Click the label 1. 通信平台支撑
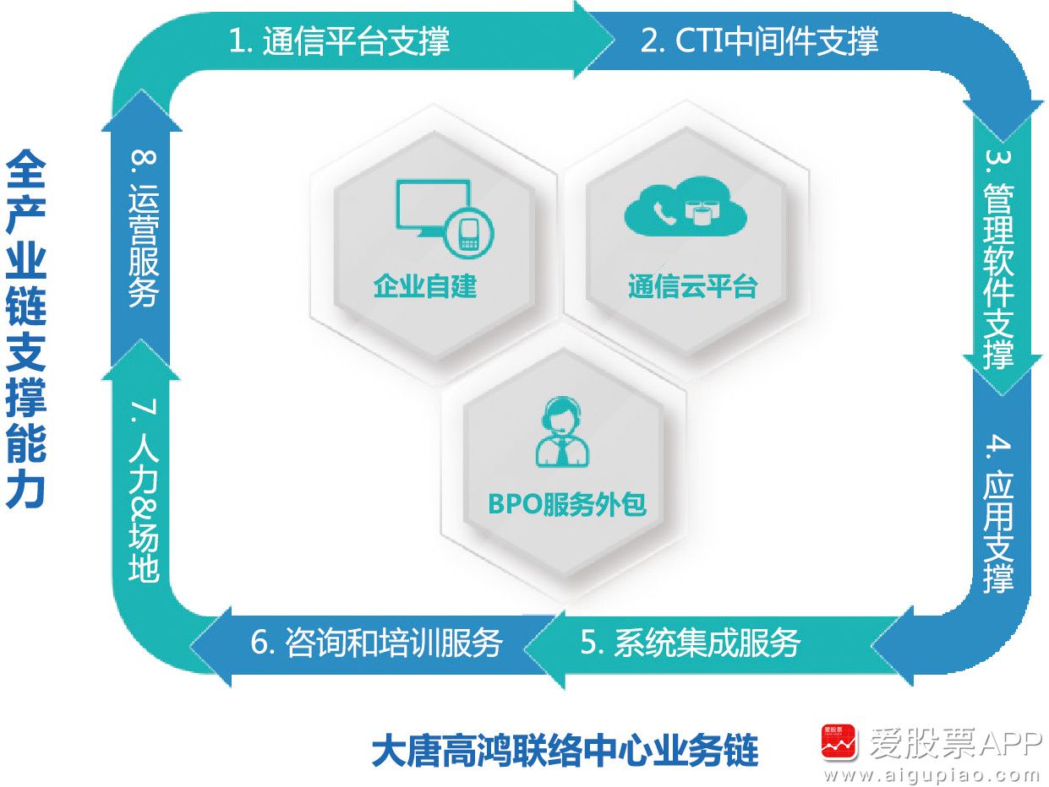(339, 41)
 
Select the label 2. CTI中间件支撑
(759, 41)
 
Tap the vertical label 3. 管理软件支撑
(998, 260)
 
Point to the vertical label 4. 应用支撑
(998, 514)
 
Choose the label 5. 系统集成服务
(691, 643)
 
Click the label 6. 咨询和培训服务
(377, 643)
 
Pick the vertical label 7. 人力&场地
(144, 490)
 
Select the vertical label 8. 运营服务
(144, 229)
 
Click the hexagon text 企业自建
(425, 286)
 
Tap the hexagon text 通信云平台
(692, 286)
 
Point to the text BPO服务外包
(567, 504)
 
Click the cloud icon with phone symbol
(686, 207)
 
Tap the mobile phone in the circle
(468, 235)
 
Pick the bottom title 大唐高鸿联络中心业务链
(565, 752)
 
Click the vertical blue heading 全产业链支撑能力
(26, 329)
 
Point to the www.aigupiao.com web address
(931, 775)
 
